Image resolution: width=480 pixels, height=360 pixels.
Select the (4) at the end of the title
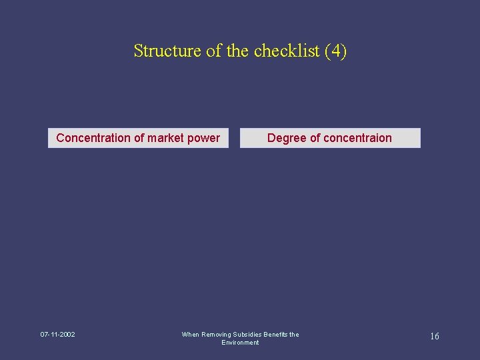point(335,51)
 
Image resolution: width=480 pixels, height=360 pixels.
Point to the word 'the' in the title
point(237,51)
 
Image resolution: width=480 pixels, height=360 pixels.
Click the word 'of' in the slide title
point(214,51)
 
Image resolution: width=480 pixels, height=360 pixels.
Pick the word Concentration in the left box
point(93,138)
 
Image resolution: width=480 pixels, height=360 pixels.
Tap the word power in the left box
point(205,138)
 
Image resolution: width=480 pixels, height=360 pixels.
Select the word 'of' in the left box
point(139,138)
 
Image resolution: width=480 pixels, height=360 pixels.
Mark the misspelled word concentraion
point(358,138)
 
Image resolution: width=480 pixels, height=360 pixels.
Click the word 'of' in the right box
point(315,138)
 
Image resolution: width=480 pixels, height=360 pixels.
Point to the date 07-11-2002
point(57,335)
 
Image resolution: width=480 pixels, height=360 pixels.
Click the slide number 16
point(434,337)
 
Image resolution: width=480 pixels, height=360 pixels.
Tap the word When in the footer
point(190,335)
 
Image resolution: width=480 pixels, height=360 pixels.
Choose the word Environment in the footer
point(240,343)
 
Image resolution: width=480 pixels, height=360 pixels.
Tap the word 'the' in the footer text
point(294,335)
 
